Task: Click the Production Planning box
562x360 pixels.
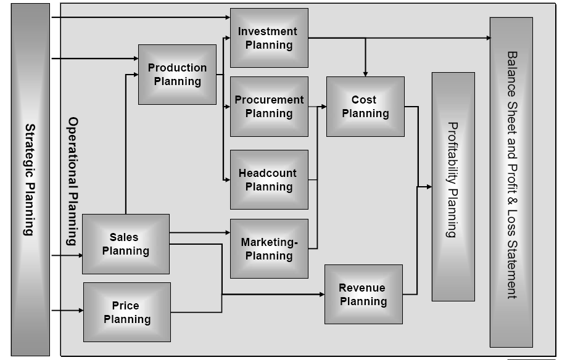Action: coord(177,75)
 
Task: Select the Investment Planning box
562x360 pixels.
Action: coord(269,38)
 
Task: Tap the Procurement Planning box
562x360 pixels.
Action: coord(269,106)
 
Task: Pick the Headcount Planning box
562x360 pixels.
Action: coord(269,179)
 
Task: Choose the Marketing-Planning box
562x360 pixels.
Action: coord(269,248)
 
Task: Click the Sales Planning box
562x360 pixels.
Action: coord(125,244)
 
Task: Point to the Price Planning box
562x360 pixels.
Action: coord(126,312)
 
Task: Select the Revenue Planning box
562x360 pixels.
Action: coord(363,294)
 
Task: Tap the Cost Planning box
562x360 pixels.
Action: coord(365,106)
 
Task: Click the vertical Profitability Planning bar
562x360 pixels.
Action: coord(453,186)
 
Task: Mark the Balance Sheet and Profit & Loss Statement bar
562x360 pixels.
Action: coord(511,182)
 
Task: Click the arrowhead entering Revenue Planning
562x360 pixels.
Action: coord(321,295)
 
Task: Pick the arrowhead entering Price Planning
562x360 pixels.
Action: coord(80,311)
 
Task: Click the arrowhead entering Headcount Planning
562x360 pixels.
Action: coord(226,179)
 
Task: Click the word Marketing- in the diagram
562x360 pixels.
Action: coord(269,242)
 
